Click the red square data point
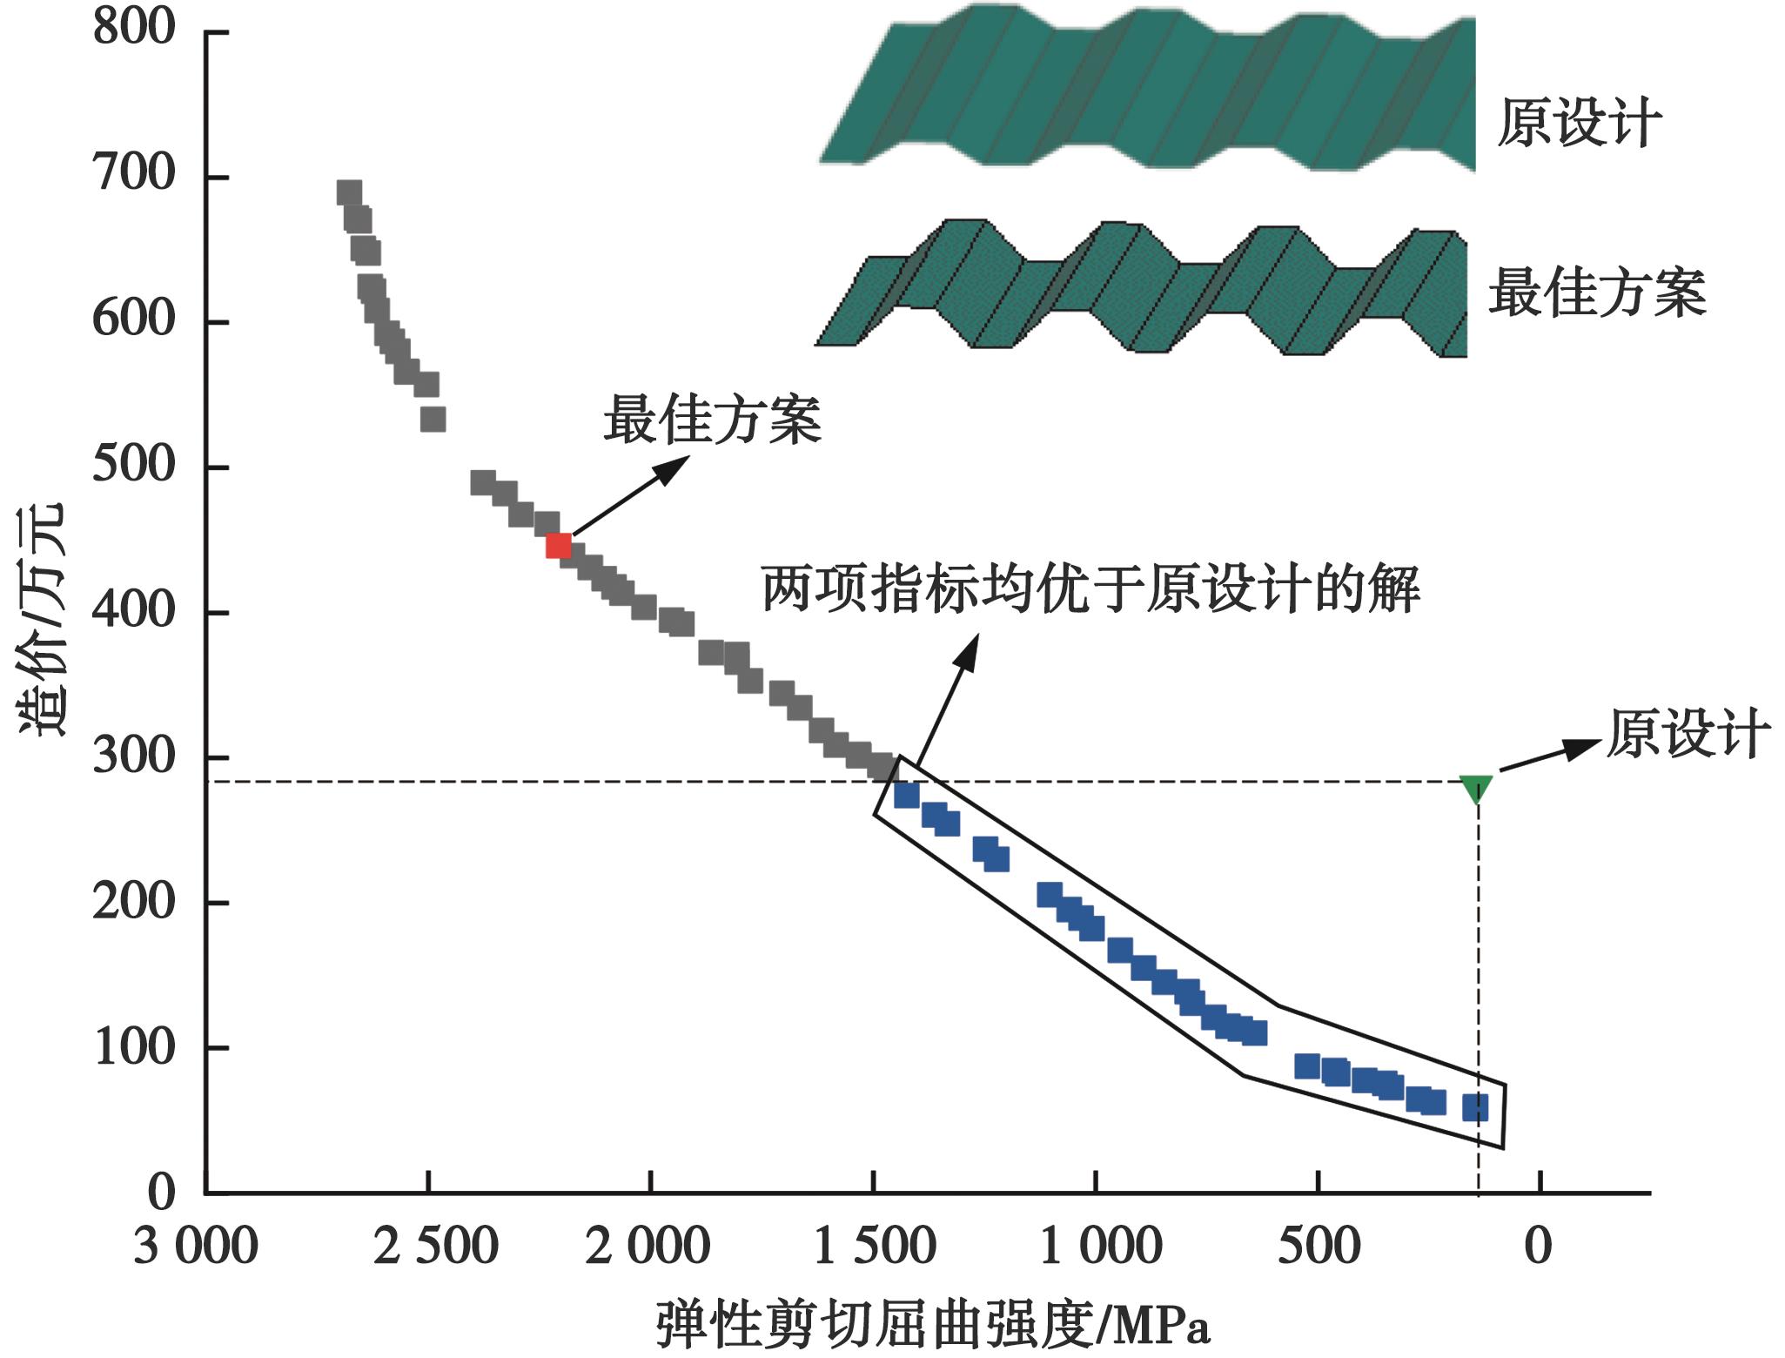click(558, 546)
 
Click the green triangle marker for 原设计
click(1476, 788)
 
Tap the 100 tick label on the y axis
click(134, 1047)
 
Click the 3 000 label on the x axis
click(195, 1247)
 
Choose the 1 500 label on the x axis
click(874, 1247)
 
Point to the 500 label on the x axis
click(1319, 1247)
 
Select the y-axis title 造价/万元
click(42, 619)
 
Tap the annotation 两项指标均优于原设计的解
click(1091, 589)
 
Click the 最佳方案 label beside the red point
click(712, 420)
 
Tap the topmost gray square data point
click(349, 193)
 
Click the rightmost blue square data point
click(1475, 1107)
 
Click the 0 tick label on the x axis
click(1539, 1247)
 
